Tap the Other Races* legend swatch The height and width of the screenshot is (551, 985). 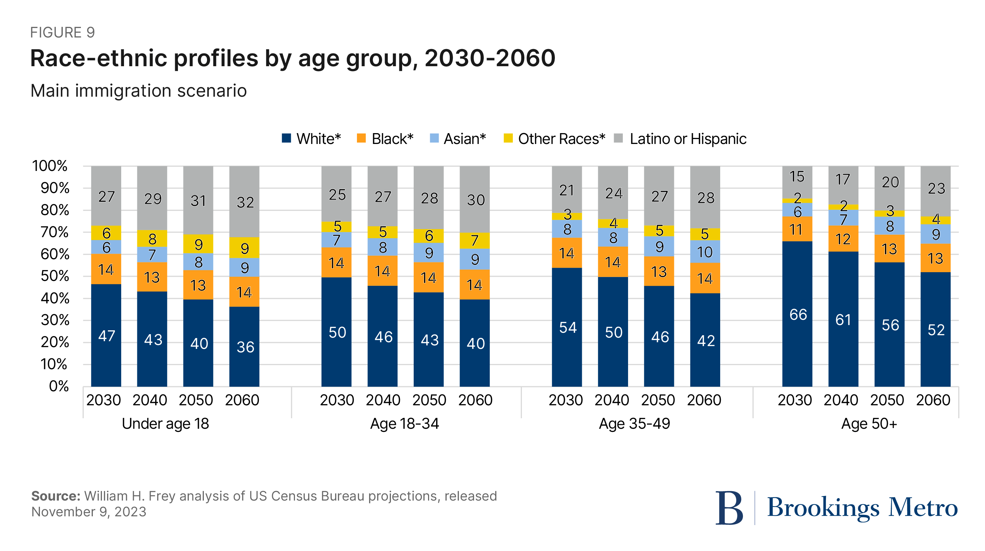[x=508, y=138]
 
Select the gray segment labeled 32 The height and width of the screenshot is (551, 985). [x=244, y=202]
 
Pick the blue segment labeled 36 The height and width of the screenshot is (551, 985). [x=244, y=346]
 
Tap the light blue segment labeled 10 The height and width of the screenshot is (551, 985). [x=705, y=252]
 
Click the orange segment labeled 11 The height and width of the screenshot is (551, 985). [x=797, y=229]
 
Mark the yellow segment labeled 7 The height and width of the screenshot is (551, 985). [x=475, y=241]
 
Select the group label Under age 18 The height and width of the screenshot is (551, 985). [x=165, y=423]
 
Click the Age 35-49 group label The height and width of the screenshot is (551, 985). [x=634, y=423]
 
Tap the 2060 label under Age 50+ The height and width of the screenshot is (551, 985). [x=933, y=400]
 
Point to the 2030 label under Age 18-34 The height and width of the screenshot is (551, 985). [x=337, y=400]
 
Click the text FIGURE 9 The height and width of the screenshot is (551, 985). [x=62, y=33]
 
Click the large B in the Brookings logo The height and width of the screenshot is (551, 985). [x=729, y=508]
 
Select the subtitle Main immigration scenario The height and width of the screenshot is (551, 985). [x=138, y=91]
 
